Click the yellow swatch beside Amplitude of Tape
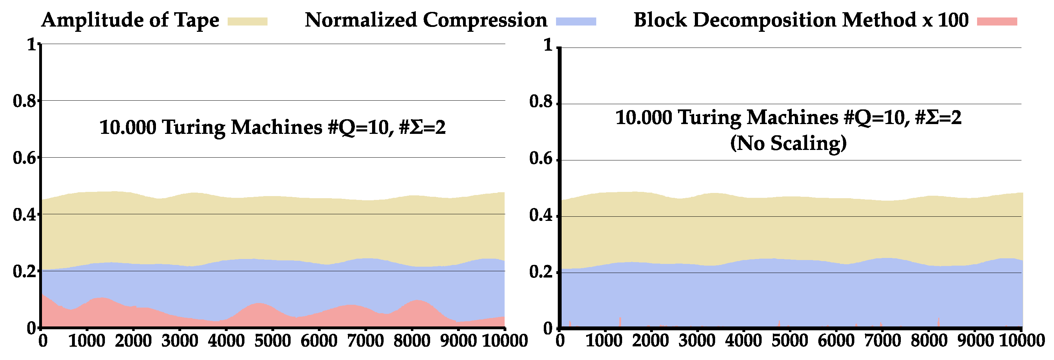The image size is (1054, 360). coord(247,22)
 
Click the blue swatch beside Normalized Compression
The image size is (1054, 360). coord(576,22)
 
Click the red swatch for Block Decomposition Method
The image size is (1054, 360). coord(997,22)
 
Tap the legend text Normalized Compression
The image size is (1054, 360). coord(426,20)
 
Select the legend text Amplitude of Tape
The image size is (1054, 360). coord(130,20)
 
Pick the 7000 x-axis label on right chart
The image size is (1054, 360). coord(883,341)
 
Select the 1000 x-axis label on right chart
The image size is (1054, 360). coord(604,341)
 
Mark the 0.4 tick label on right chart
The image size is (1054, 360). coord(541,216)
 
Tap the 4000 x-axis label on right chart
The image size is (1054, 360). coord(743,341)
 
